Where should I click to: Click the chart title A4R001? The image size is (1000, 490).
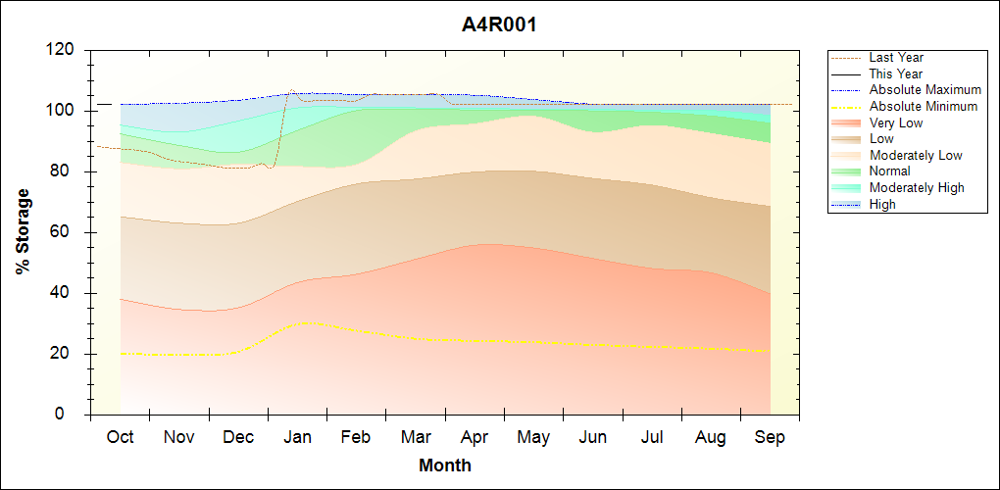pos(499,24)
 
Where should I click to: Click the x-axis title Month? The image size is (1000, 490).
pos(444,465)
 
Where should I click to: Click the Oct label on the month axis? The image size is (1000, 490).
pos(121,437)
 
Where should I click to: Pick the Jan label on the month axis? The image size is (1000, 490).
pos(298,437)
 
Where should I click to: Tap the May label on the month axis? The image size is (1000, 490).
pos(533,437)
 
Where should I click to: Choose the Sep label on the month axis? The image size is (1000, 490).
pos(770,437)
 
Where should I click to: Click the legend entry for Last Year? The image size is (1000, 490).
pos(896,58)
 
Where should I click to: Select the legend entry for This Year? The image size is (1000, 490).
pos(896,73)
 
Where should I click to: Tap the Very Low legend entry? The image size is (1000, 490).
pos(896,122)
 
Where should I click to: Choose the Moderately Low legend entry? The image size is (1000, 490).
pos(916,156)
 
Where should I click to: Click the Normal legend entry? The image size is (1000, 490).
pos(889,171)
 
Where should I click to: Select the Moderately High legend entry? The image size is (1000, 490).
pos(917,188)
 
